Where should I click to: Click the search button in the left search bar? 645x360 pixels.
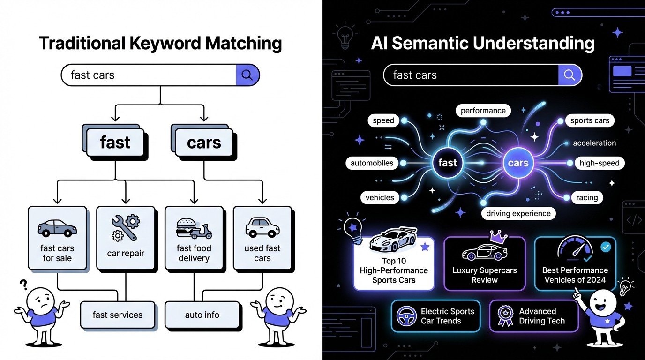[247, 75]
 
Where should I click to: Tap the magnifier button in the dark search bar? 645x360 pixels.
[570, 75]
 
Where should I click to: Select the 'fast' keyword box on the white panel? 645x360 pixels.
[115, 142]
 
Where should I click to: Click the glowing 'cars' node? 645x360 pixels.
[518, 163]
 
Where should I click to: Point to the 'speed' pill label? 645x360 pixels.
[383, 120]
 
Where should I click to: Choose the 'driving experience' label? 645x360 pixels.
[518, 213]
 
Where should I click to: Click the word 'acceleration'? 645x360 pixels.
[594, 143]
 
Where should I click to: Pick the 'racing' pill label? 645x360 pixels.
[587, 197]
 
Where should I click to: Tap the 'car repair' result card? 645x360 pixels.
[126, 238]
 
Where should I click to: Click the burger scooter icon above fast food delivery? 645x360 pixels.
[194, 228]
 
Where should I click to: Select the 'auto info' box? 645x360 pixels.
[202, 315]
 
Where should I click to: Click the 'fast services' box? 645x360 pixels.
[117, 315]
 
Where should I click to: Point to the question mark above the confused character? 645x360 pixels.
[22, 285]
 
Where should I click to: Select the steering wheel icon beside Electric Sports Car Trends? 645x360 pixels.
[406, 316]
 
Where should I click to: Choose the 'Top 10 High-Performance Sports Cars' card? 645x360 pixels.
[394, 262]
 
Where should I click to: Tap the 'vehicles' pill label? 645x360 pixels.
[380, 197]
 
